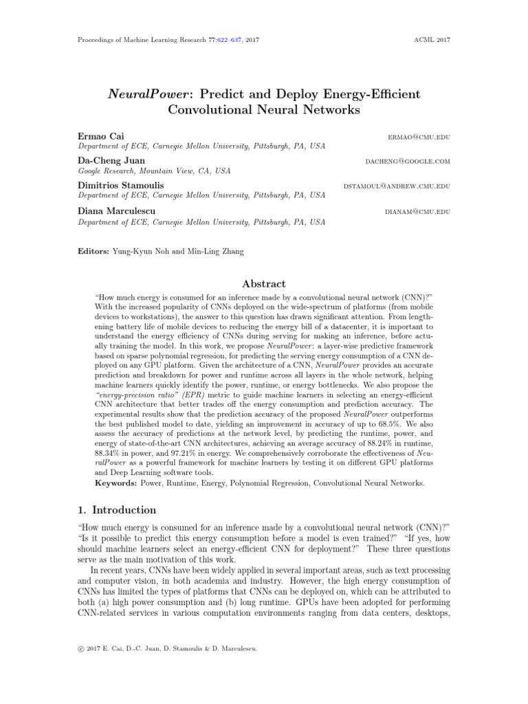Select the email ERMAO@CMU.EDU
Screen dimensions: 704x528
pos(419,137)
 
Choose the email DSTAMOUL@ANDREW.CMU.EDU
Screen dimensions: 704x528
pos(397,186)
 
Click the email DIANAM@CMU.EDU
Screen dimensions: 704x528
pos(417,212)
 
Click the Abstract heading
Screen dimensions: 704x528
pos(264,283)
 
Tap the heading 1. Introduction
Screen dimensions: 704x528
pos(116,510)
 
